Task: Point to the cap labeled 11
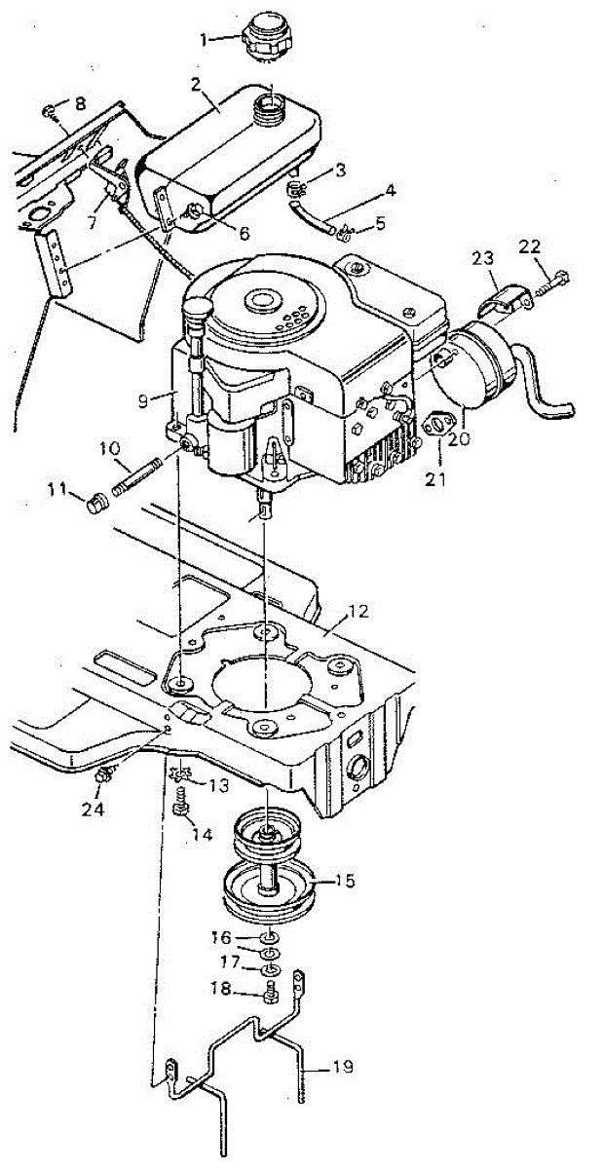(94, 503)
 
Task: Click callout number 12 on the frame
(358, 612)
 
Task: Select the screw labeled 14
(179, 810)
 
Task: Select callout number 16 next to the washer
(221, 937)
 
